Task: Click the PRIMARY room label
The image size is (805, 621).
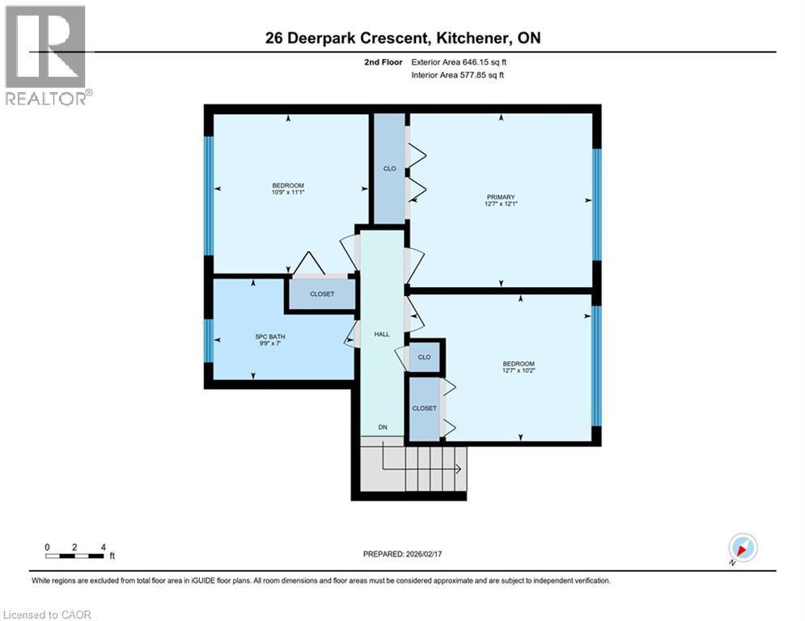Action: pyautogui.click(x=500, y=196)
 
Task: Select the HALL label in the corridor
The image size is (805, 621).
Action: pyautogui.click(x=381, y=334)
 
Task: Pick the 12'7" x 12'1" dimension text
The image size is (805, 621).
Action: pyautogui.click(x=500, y=205)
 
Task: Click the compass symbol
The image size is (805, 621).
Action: pyautogui.click(x=742, y=547)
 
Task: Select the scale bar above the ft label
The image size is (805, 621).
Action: pyautogui.click(x=75, y=556)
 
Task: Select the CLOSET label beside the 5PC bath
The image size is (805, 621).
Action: pyautogui.click(x=322, y=294)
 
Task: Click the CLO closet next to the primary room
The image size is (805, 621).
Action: pyautogui.click(x=388, y=169)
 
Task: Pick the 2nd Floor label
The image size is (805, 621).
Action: pyautogui.click(x=384, y=61)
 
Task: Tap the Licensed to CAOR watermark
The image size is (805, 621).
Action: pyautogui.click(x=47, y=615)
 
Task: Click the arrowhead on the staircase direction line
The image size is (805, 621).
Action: pyautogui.click(x=460, y=469)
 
